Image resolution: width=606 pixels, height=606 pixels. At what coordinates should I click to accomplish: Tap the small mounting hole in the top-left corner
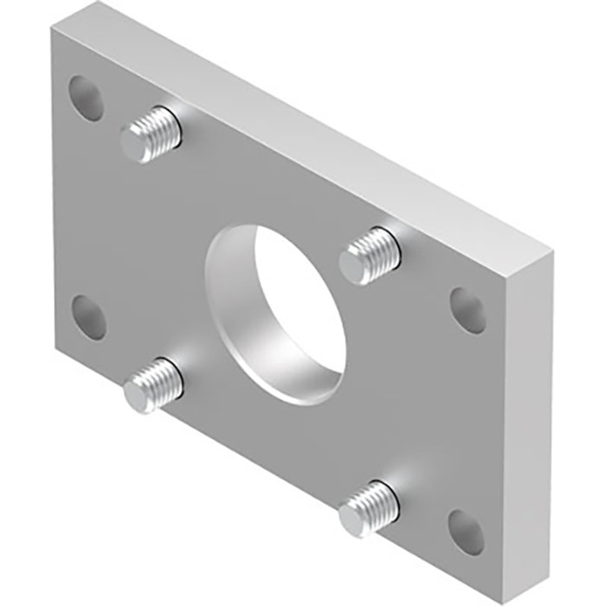[x=87, y=98]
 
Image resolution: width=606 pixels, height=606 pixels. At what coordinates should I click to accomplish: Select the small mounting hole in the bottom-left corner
[x=89, y=317]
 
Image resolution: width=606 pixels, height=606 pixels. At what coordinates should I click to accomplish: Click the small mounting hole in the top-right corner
[x=468, y=310]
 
